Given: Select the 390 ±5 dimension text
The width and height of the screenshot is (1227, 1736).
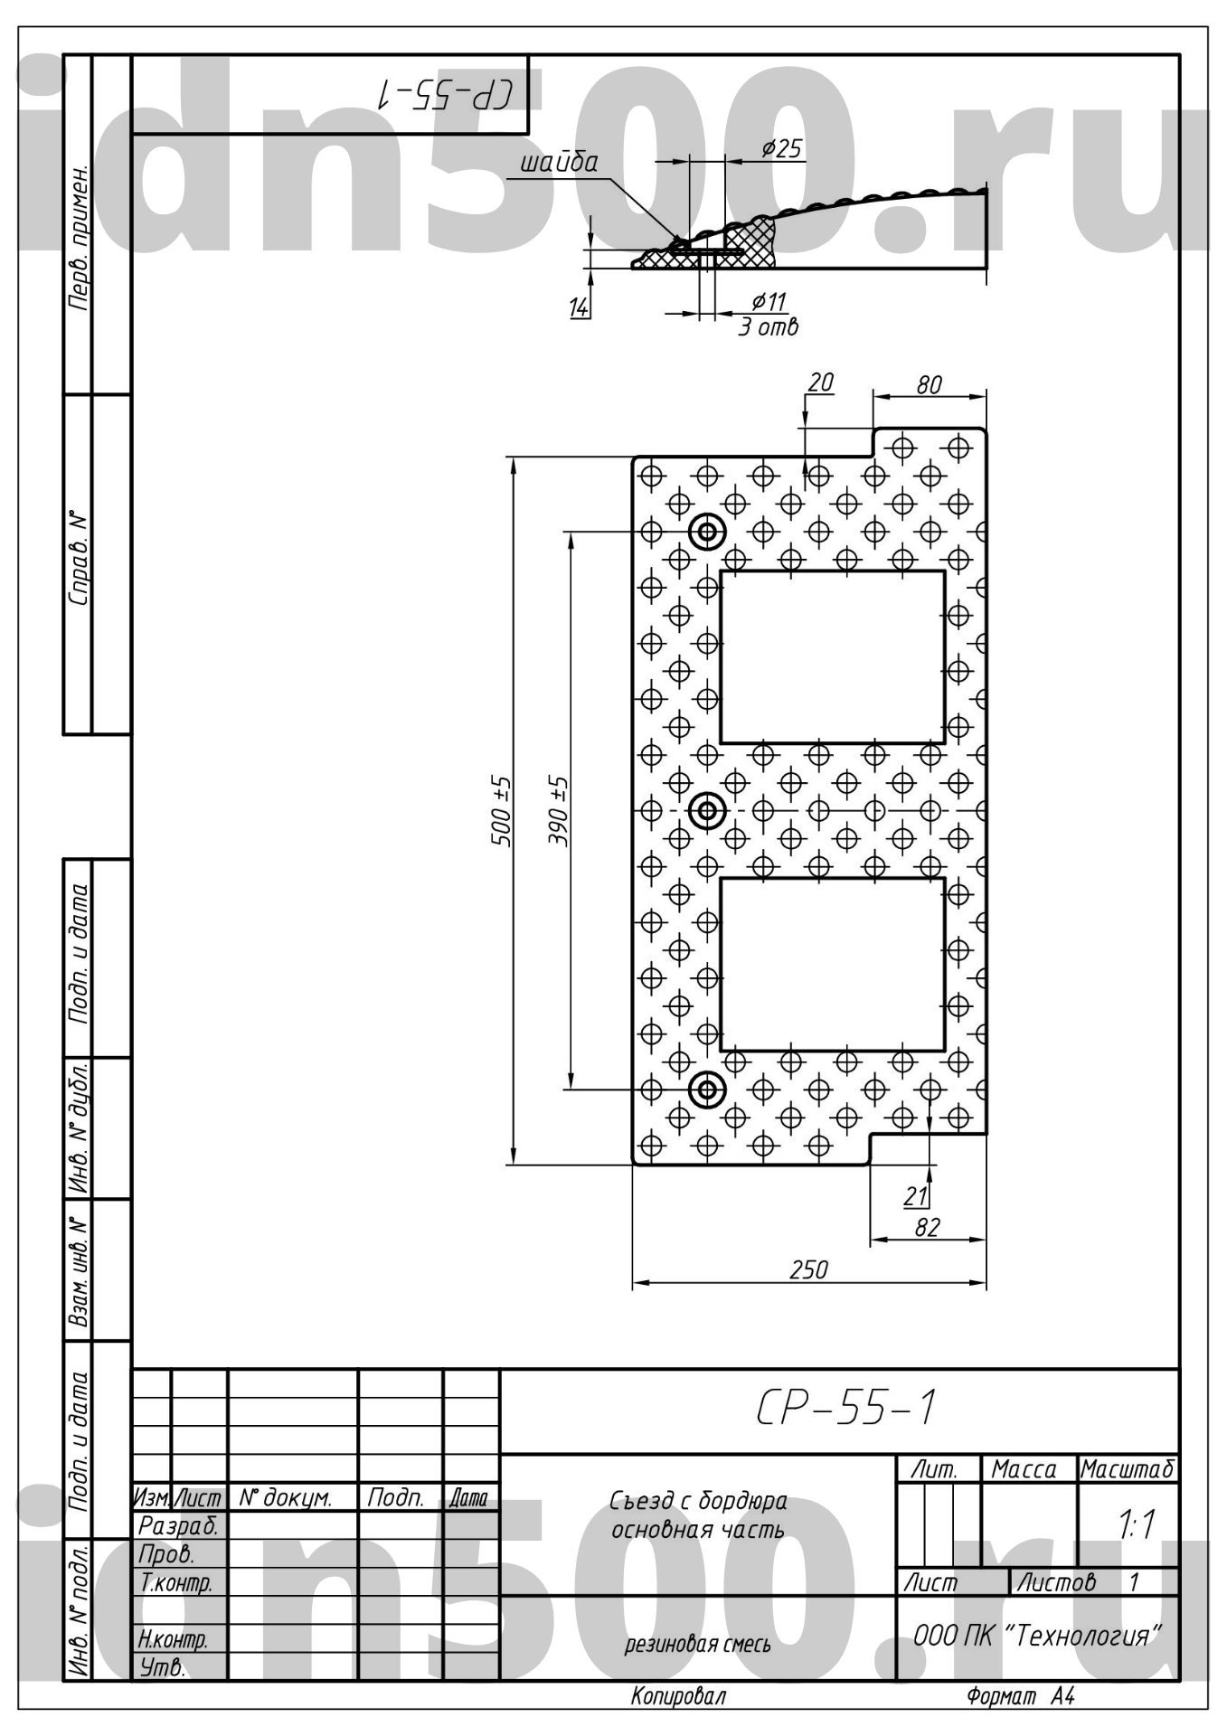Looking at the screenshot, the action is pyautogui.click(x=559, y=811).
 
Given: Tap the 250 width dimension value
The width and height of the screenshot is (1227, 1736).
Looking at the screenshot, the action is pyautogui.click(x=808, y=1270).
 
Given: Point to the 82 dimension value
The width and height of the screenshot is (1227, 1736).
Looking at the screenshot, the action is pyautogui.click(x=928, y=1227).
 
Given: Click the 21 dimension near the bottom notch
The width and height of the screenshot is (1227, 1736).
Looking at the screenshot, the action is pyautogui.click(x=916, y=1196).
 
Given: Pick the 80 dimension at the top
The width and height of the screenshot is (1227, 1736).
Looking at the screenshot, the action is pyautogui.click(x=929, y=385).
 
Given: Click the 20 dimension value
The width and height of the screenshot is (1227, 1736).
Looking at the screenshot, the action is pyautogui.click(x=820, y=382).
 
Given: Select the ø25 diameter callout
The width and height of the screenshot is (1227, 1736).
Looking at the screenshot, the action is pyautogui.click(x=781, y=148).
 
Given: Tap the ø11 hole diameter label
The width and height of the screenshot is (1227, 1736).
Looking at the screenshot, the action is pyautogui.click(x=769, y=301).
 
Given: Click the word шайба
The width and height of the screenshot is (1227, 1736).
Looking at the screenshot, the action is pyautogui.click(x=559, y=163).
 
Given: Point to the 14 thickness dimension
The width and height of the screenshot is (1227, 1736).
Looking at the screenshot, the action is pyautogui.click(x=579, y=307).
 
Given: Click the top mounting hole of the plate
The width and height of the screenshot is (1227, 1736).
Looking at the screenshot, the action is pyautogui.click(x=707, y=533).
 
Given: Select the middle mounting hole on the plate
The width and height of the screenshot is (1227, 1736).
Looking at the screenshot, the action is pyautogui.click(x=707, y=811).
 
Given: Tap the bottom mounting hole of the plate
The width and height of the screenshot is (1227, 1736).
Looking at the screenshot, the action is pyautogui.click(x=707, y=1090).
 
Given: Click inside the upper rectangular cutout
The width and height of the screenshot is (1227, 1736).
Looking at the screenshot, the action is pyautogui.click(x=833, y=657).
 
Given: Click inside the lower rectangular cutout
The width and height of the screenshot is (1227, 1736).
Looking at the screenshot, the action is pyautogui.click(x=833, y=965).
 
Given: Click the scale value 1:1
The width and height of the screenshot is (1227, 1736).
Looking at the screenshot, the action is pyautogui.click(x=1137, y=1524).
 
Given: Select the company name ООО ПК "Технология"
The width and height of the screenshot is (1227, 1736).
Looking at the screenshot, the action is pyautogui.click(x=1037, y=1635).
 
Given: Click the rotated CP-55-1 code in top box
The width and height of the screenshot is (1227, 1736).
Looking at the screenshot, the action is pyautogui.click(x=446, y=94).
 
